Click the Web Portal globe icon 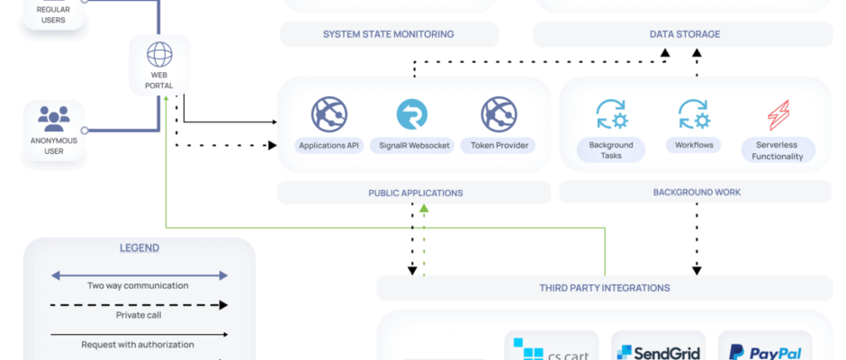click(159, 53)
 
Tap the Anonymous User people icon click(55, 118)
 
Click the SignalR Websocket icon click(412, 114)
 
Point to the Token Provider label click(497, 144)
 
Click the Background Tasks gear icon click(611, 114)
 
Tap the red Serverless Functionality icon click(778, 115)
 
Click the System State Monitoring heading click(388, 34)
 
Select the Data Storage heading click(685, 34)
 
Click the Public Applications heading click(415, 193)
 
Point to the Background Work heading click(696, 193)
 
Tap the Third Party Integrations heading click(604, 288)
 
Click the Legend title click(139, 247)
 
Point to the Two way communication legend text click(138, 285)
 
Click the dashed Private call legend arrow click(139, 304)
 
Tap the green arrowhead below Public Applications click(424, 210)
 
